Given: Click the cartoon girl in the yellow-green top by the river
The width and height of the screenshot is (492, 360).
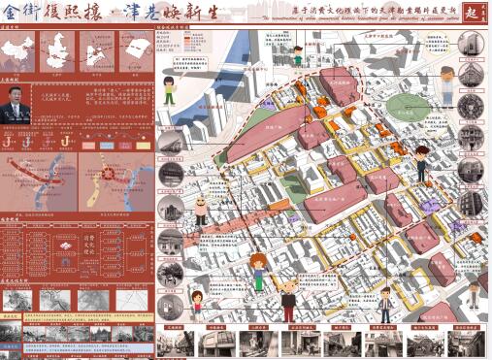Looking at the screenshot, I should pyautogui.click(x=258, y=271).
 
